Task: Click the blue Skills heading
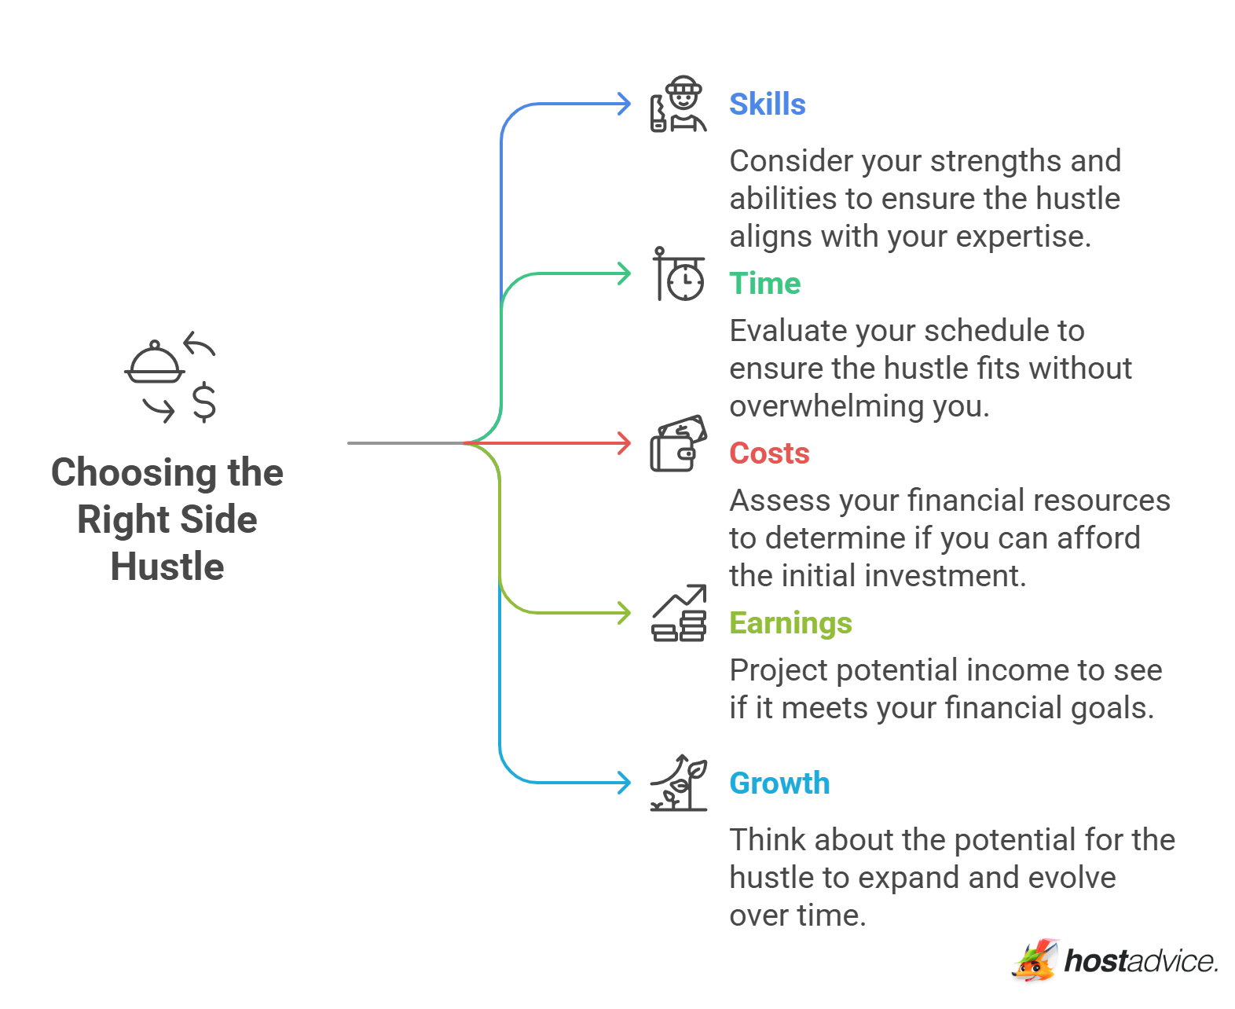click(x=767, y=105)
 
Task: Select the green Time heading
click(x=764, y=284)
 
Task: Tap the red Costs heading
click(x=769, y=453)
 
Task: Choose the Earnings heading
click(x=790, y=623)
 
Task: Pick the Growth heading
click(x=779, y=783)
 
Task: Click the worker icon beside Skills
click(x=679, y=105)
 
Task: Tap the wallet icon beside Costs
click(x=678, y=444)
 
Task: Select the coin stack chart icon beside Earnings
click(x=679, y=614)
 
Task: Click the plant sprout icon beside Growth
click(x=679, y=783)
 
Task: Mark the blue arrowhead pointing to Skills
click(x=625, y=104)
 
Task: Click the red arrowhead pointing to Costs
click(x=625, y=443)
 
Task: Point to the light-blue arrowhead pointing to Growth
click(x=625, y=783)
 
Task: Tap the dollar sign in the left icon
click(x=204, y=402)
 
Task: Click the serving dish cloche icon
click(x=155, y=363)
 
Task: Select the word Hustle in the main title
click(x=167, y=567)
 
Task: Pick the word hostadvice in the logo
click(x=1141, y=961)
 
